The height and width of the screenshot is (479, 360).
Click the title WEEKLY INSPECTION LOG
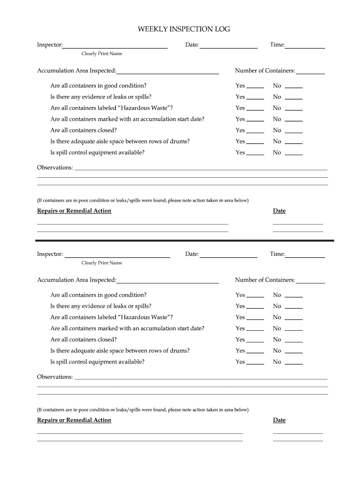[x=184, y=29]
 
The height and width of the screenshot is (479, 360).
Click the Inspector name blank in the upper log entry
[x=115, y=46]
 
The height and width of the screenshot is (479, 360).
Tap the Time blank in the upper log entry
[x=305, y=46]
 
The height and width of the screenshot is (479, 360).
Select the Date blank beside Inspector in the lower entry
[x=228, y=255]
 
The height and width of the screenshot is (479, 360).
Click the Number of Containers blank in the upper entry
[x=310, y=72]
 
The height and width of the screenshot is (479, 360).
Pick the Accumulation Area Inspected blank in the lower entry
[x=168, y=281]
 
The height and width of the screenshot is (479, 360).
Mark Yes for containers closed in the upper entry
[x=255, y=131]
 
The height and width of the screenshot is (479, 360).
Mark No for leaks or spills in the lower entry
[x=294, y=307]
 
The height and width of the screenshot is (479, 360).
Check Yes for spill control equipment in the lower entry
[x=255, y=363]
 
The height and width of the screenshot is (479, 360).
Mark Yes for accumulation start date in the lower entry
[x=255, y=330]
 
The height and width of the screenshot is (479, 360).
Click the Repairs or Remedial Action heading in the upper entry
[x=74, y=211]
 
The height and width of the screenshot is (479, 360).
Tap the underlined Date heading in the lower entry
[x=279, y=420]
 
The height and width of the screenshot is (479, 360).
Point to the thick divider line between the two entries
[x=185, y=240]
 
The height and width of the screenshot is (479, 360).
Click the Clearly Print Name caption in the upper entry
[x=102, y=54]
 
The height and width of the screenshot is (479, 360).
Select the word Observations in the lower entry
[x=55, y=377]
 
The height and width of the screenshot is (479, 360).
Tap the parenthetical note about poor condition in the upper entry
[x=143, y=200]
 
